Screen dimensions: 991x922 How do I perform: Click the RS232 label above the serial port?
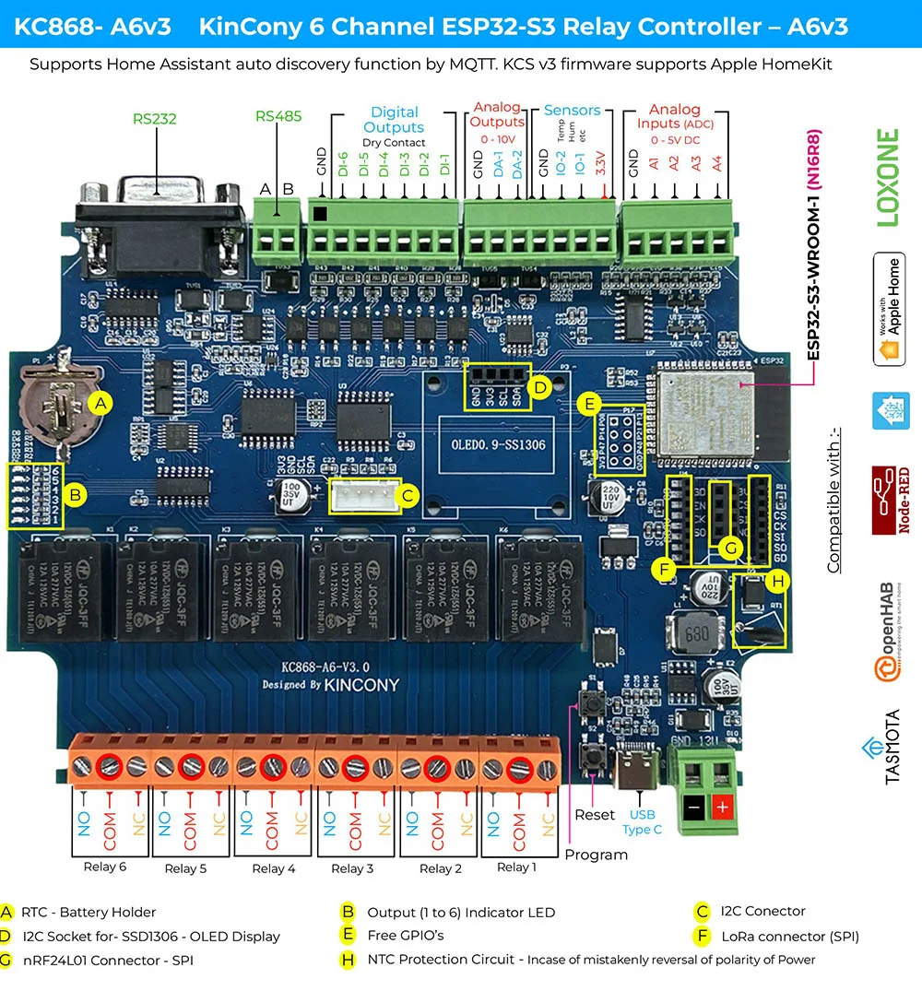(154, 118)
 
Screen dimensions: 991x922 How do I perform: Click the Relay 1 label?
(515, 867)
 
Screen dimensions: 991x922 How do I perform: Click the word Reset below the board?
(594, 815)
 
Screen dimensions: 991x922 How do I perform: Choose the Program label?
(596, 855)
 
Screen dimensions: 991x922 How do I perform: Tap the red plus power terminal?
(722, 808)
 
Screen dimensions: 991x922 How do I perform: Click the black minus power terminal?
(693, 808)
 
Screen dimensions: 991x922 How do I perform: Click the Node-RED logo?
(891, 500)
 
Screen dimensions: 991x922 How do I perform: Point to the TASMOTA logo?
(891, 747)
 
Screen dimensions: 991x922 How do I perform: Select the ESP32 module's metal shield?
(703, 410)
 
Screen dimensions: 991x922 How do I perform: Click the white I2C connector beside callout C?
(363, 495)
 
